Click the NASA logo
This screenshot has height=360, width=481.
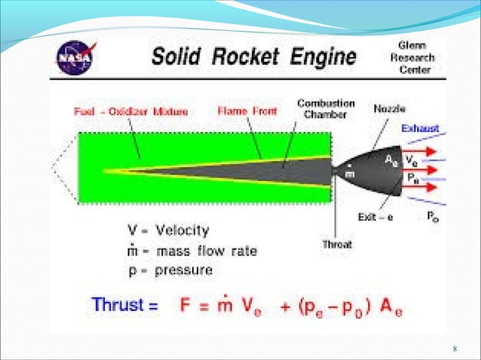pos(78,57)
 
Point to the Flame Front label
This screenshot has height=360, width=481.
pos(247,111)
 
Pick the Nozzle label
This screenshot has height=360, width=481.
pos(388,108)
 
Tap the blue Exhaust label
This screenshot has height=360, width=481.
pos(420,129)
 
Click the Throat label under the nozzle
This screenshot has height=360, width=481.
pos(337,244)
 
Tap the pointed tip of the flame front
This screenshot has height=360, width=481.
pos(106,170)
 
